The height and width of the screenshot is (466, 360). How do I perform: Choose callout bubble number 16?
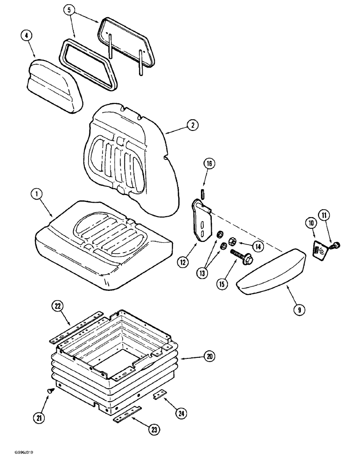209,164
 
